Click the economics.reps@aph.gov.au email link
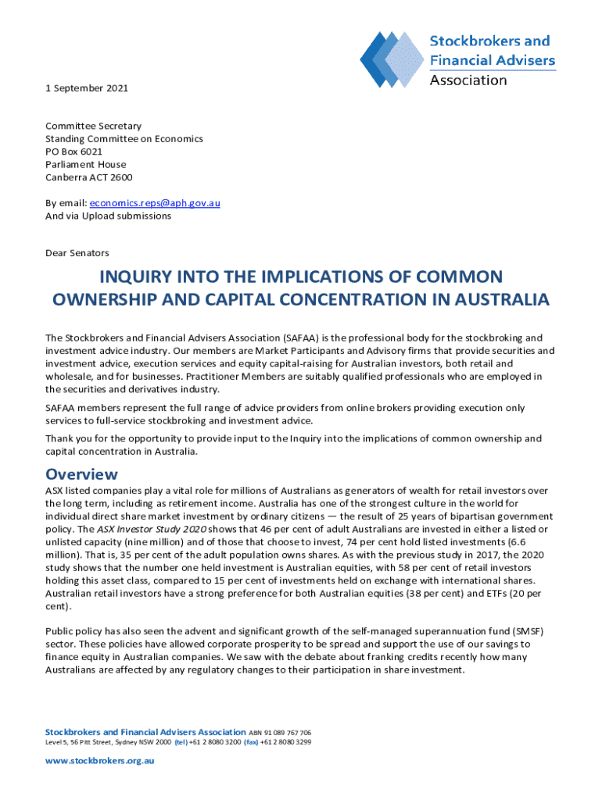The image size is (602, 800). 156,203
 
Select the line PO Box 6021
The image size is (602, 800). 73,152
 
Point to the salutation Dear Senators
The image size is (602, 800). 77,253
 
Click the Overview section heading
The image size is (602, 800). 82,474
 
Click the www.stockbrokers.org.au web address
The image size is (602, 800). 100,760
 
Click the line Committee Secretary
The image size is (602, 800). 93,126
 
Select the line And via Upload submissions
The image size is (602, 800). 108,216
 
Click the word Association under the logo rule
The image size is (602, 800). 468,80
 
